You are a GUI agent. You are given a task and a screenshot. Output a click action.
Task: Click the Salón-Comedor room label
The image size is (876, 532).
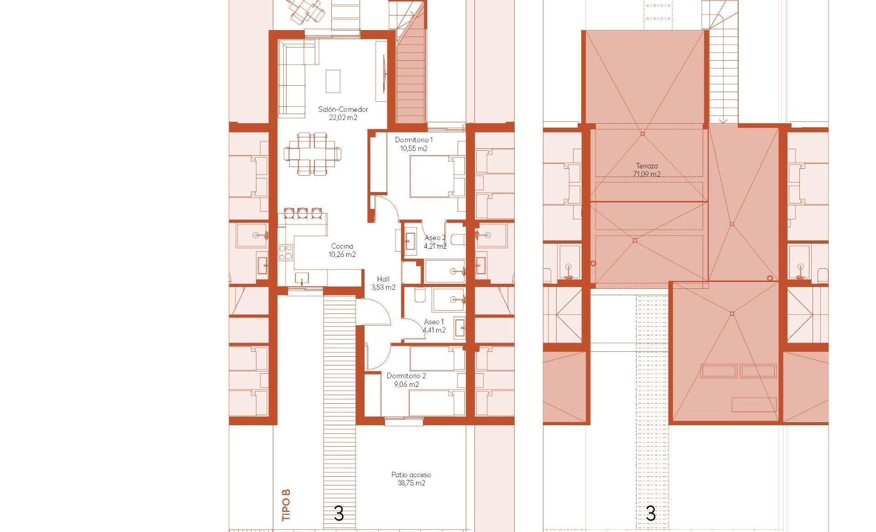click(343, 110)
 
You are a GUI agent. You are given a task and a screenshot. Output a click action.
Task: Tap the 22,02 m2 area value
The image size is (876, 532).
click(343, 118)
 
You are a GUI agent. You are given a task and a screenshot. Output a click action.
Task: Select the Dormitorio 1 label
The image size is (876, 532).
click(414, 140)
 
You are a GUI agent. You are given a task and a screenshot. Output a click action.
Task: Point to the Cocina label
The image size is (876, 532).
click(342, 246)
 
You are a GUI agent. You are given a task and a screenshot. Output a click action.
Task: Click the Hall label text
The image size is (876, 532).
click(383, 279)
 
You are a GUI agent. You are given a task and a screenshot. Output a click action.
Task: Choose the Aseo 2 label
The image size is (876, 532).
click(435, 238)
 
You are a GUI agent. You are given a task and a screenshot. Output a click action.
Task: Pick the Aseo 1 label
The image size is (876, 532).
click(434, 322)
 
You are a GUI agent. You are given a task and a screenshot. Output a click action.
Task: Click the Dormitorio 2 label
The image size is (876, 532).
click(407, 376)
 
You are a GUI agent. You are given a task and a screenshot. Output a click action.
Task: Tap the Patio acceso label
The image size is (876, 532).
click(411, 475)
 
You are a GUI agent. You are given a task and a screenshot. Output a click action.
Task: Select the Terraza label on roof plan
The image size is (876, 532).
click(647, 166)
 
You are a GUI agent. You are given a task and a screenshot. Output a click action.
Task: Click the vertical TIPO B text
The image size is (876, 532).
click(286, 505)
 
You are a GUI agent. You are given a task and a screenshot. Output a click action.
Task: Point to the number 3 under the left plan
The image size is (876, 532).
click(339, 514)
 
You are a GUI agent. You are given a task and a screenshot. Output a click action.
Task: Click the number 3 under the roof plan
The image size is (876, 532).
click(651, 514)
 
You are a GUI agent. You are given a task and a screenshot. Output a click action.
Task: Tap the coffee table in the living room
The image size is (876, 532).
click(333, 81)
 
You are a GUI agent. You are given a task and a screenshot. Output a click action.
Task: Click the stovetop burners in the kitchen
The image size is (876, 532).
click(286, 253)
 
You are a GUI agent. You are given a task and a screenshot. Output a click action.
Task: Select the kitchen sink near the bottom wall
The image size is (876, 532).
click(302, 278)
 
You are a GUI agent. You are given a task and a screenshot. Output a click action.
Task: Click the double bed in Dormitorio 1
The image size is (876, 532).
click(437, 176)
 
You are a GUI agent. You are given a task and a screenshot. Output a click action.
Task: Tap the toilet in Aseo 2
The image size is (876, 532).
click(458, 239)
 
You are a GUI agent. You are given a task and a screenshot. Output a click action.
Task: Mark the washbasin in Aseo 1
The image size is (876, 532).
click(459, 328)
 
